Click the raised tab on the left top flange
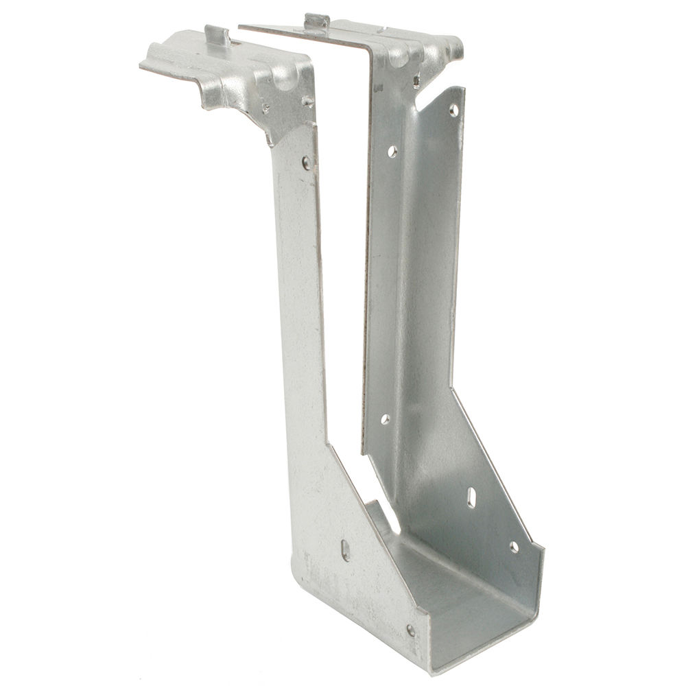pyautogui.click(x=217, y=34)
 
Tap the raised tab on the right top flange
pyautogui.click(x=316, y=21)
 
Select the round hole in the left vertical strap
pyautogui.click(x=306, y=163)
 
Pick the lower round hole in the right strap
pyautogui.click(x=385, y=418)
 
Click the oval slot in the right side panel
pyautogui.click(x=471, y=497)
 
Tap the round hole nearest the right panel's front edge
pyautogui.click(x=514, y=547)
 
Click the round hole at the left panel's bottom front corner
pyautogui.click(x=410, y=629)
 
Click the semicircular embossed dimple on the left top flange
pyautogui.click(x=283, y=80)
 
